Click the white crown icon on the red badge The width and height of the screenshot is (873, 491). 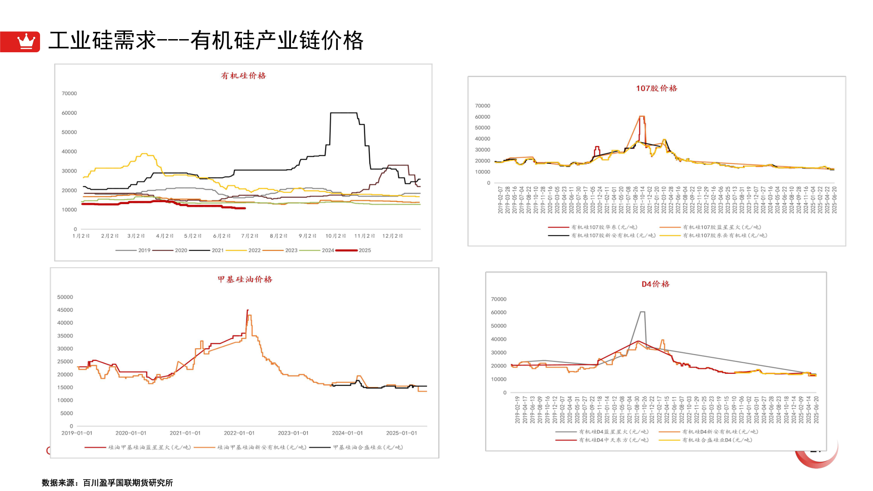pos(26,41)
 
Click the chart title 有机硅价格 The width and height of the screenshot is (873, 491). pos(243,76)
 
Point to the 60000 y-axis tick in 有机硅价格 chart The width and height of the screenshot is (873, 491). pos(69,113)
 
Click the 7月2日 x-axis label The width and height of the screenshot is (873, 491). pos(250,236)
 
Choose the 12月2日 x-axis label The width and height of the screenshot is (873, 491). pos(392,236)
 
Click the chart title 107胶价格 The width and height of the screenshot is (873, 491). pos(656,88)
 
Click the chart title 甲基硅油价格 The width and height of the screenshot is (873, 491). pos(245,280)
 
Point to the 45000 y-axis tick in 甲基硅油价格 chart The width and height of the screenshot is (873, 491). pos(65,310)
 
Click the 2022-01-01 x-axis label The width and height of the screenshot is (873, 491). pos(239,433)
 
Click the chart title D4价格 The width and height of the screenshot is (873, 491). pos(655,284)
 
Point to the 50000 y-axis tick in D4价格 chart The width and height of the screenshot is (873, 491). pos(498,326)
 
